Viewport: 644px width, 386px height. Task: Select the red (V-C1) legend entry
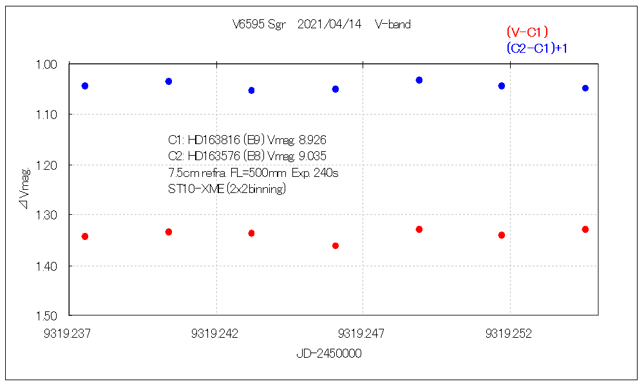point(527,32)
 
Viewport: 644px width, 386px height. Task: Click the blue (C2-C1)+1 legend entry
point(536,48)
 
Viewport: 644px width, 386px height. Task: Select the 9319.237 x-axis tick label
point(68,333)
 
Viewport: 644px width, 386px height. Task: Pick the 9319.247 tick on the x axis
point(361,333)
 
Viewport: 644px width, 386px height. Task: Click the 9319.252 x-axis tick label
point(509,333)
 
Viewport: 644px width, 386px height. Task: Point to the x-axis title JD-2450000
point(328,354)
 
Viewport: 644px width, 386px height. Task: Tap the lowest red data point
point(336,246)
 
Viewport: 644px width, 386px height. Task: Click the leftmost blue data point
point(85,86)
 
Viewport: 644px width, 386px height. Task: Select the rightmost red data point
point(585,229)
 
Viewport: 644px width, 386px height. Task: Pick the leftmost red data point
point(85,237)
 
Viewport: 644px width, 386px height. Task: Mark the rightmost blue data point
point(585,88)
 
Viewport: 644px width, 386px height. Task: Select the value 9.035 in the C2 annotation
point(320,156)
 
